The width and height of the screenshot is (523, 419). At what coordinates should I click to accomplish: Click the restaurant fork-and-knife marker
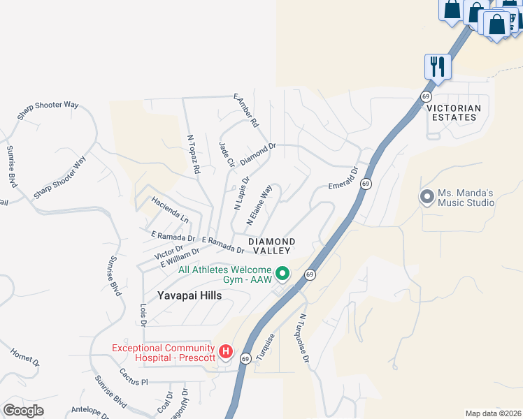point(438,66)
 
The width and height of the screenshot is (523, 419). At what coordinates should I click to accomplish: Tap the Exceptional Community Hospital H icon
point(226,351)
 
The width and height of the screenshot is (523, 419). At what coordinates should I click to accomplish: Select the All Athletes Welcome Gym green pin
point(282,273)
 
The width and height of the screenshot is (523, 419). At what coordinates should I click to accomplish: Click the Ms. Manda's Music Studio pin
point(427,197)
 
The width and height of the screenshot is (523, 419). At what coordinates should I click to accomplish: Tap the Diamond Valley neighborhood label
point(271,246)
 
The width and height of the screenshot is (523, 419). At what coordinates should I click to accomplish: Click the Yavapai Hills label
point(189,295)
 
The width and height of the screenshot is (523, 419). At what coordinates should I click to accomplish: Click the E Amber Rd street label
point(246,110)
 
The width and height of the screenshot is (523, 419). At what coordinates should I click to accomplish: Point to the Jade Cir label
point(227,154)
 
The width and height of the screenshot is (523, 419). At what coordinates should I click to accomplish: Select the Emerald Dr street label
point(343,177)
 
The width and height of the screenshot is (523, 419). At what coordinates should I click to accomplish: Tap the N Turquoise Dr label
point(304,338)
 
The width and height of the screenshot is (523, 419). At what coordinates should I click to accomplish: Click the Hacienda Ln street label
point(170,209)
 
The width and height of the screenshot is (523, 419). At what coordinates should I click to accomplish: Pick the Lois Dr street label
point(143,314)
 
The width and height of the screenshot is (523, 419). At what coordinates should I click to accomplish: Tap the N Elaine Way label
point(259,205)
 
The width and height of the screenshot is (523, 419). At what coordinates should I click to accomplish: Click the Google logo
point(23,410)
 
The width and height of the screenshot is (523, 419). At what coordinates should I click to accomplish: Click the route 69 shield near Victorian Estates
point(425,95)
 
